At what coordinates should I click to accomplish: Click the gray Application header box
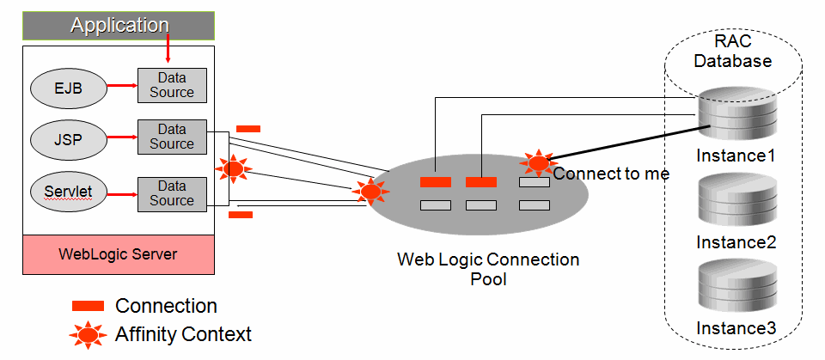point(118,26)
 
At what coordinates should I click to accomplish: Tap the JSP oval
point(68,137)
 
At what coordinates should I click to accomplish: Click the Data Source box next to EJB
point(172,85)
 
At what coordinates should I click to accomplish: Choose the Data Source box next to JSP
point(172,137)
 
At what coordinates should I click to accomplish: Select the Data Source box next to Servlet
point(172,193)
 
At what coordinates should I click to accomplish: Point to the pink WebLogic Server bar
point(118,254)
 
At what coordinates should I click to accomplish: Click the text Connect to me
point(610,174)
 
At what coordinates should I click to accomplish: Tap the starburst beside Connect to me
point(538,162)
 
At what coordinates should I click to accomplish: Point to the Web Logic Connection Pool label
point(488,269)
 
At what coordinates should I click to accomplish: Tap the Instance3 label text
point(736,328)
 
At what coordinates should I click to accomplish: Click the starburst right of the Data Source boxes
point(233,168)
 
